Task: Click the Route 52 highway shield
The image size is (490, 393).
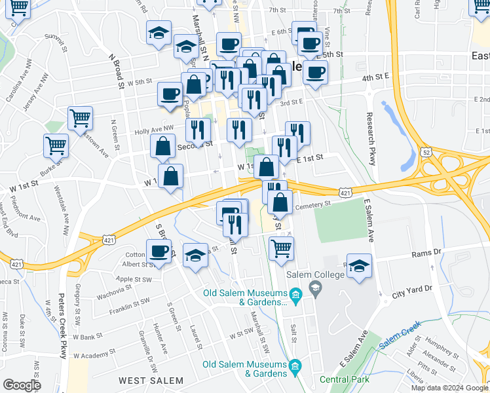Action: [x=426, y=152]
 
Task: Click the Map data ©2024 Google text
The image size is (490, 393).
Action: [x=449, y=388]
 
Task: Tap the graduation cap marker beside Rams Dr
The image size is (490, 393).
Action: [x=359, y=265]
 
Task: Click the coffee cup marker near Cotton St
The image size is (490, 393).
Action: [x=159, y=251]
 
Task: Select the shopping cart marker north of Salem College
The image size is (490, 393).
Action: [x=281, y=248]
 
